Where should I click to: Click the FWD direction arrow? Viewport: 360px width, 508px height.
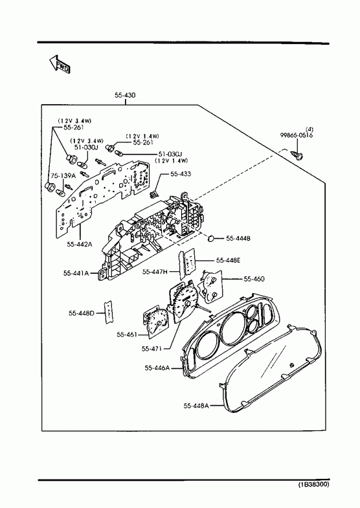[x=60, y=65]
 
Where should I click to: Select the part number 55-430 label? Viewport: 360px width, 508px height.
[x=125, y=95]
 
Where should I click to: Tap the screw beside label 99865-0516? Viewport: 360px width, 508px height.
[x=298, y=155]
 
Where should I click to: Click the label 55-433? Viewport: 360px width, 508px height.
[x=181, y=174]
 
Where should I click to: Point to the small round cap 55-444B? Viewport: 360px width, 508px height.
[x=211, y=238]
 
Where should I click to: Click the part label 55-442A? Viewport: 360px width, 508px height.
[x=80, y=244]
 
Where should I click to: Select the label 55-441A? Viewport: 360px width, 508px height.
[x=76, y=274]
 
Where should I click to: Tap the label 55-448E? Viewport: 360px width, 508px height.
[x=228, y=260]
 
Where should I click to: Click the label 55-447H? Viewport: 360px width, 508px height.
[x=155, y=272]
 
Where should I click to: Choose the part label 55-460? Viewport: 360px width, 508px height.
[x=254, y=279]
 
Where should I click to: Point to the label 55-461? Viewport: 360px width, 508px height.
[x=127, y=335]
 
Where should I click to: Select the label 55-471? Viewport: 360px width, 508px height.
[x=152, y=349]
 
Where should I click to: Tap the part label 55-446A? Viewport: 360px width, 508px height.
[x=157, y=368]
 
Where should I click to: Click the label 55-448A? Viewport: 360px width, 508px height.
[x=196, y=406]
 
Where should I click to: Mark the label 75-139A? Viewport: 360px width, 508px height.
[x=63, y=175]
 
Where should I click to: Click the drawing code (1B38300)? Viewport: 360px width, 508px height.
[x=313, y=494]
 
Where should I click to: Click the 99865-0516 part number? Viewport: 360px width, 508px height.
[x=297, y=135]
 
